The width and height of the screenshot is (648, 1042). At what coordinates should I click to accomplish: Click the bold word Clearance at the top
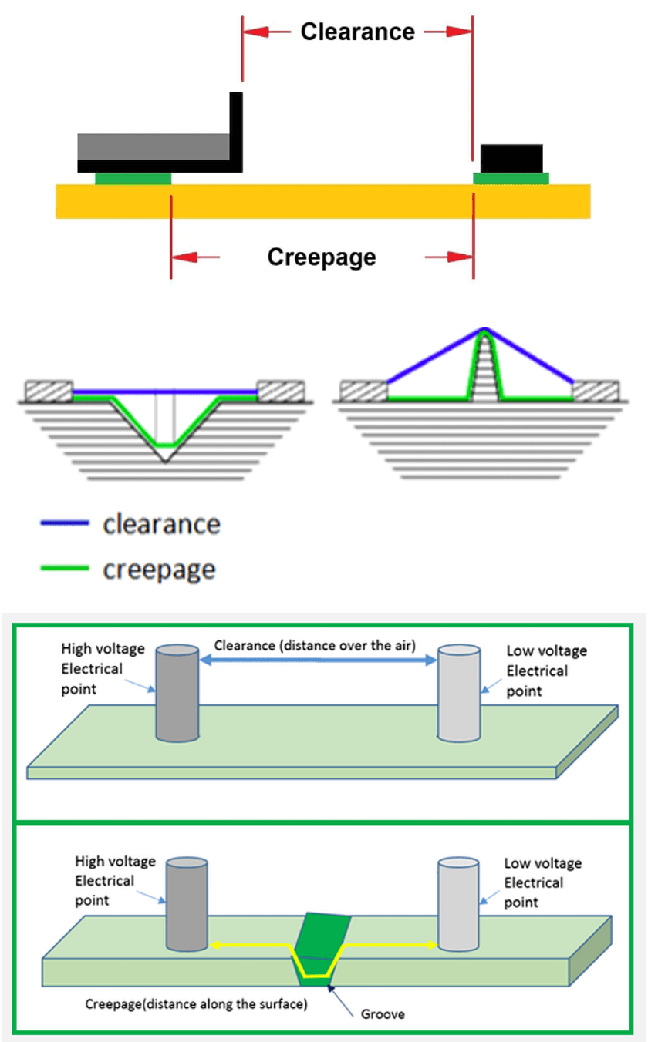(x=357, y=32)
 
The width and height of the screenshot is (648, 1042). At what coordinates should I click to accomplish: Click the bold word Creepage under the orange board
(x=322, y=257)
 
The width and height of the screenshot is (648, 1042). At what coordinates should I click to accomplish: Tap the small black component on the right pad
(x=511, y=159)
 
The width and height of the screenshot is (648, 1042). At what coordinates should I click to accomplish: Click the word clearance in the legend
(x=161, y=524)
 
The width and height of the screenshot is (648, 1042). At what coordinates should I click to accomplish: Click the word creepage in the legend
(x=159, y=570)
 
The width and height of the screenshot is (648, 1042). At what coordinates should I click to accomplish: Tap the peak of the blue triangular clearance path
(x=484, y=329)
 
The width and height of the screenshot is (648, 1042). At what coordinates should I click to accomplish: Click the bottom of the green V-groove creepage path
(x=165, y=445)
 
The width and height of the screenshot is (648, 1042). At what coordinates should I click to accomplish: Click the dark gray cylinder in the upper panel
(x=177, y=694)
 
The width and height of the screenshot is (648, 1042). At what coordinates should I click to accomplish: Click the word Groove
(x=383, y=1013)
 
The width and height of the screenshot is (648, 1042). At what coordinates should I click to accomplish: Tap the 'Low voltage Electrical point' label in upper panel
(x=546, y=671)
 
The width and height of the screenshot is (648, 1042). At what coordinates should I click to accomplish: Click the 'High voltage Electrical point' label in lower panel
(x=115, y=880)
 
